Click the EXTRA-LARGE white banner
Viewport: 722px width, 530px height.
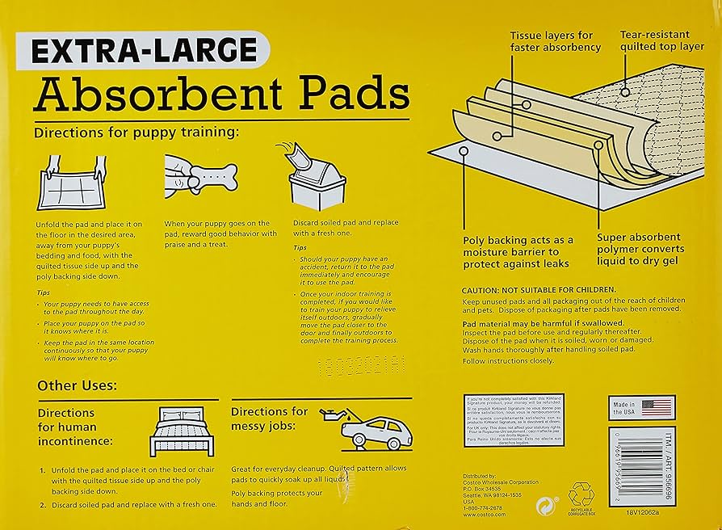(x=146, y=50)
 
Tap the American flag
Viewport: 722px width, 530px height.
(x=658, y=406)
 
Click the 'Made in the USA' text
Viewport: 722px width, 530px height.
(x=623, y=407)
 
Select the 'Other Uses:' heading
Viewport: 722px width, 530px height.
(x=77, y=385)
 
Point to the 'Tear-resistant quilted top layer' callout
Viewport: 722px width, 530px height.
(x=660, y=40)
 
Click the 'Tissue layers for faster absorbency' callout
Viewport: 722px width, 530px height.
(x=555, y=41)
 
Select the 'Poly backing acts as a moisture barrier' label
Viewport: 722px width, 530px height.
(x=518, y=252)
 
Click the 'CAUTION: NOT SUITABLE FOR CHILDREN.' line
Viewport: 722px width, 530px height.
(x=539, y=289)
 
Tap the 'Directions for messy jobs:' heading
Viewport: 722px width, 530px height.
(x=269, y=418)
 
